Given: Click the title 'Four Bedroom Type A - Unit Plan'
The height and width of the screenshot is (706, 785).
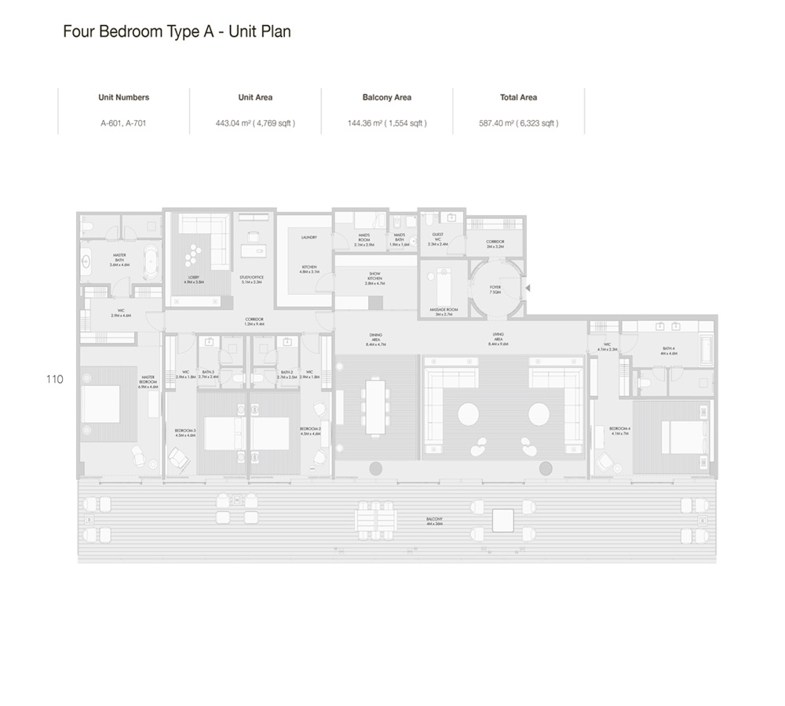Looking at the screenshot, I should click(x=177, y=33).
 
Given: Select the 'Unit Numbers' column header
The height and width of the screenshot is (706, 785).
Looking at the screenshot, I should click(x=123, y=97).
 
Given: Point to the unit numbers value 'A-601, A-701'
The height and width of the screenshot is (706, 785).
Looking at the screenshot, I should click(x=123, y=123).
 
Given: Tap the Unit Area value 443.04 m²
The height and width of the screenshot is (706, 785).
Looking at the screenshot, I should click(x=255, y=123).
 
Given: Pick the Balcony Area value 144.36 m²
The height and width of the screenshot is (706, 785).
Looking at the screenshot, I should click(x=387, y=123).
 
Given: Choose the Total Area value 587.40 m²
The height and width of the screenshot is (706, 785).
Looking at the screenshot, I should click(x=519, y=123).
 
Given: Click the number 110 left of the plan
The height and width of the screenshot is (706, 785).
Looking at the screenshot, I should click(x=54, y=379).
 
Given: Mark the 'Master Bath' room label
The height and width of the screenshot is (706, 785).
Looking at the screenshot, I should click(x=119, y=260).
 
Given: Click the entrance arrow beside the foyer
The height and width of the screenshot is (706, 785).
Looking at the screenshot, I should click(x=528, y=288).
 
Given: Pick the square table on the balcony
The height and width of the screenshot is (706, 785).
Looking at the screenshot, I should click(x=502, y=519).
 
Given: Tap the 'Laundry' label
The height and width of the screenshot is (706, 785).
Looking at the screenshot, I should click(x=308, y=237).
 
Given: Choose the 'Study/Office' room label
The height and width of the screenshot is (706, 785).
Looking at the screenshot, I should click(x=251, y=278).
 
